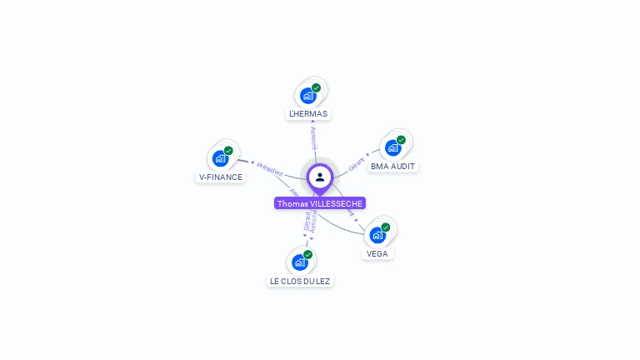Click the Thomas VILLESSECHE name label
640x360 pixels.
[x=320, y=203]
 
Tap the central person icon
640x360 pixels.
[x=320, y=177]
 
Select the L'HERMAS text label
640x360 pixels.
[x=308, y=113]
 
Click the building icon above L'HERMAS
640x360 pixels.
[x=307, y=96]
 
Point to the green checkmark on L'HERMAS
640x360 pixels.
[x=317, y=87]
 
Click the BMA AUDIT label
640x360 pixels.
[x=392, y=166]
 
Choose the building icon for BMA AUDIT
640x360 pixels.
[x=392, y=148]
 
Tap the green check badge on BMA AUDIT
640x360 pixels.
[x=401, y=140]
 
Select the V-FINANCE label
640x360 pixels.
[x=221, y=177]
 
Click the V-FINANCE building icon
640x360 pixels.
[x=220, y=159]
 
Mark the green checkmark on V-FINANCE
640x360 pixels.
[x=228, y=151]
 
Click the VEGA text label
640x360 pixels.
[x=377, y=253]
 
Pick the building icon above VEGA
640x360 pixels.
[x=377, y=236]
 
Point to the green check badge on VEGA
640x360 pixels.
[x=385, y=227]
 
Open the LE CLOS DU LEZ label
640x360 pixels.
[x=300, y=281]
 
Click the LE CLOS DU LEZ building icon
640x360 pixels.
[x=299, y=262]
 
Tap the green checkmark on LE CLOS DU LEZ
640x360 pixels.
[x=307, y=254]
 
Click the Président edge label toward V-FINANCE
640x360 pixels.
[x=270, y=167]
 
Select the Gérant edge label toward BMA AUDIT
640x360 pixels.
[x=357, y=163]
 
